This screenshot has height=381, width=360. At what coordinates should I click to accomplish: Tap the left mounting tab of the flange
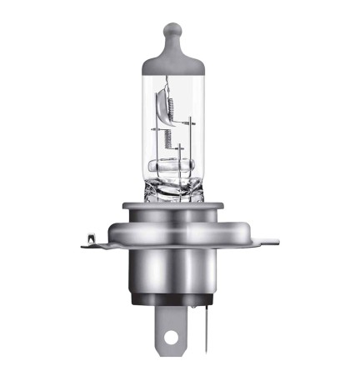[x=97, y=242]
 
